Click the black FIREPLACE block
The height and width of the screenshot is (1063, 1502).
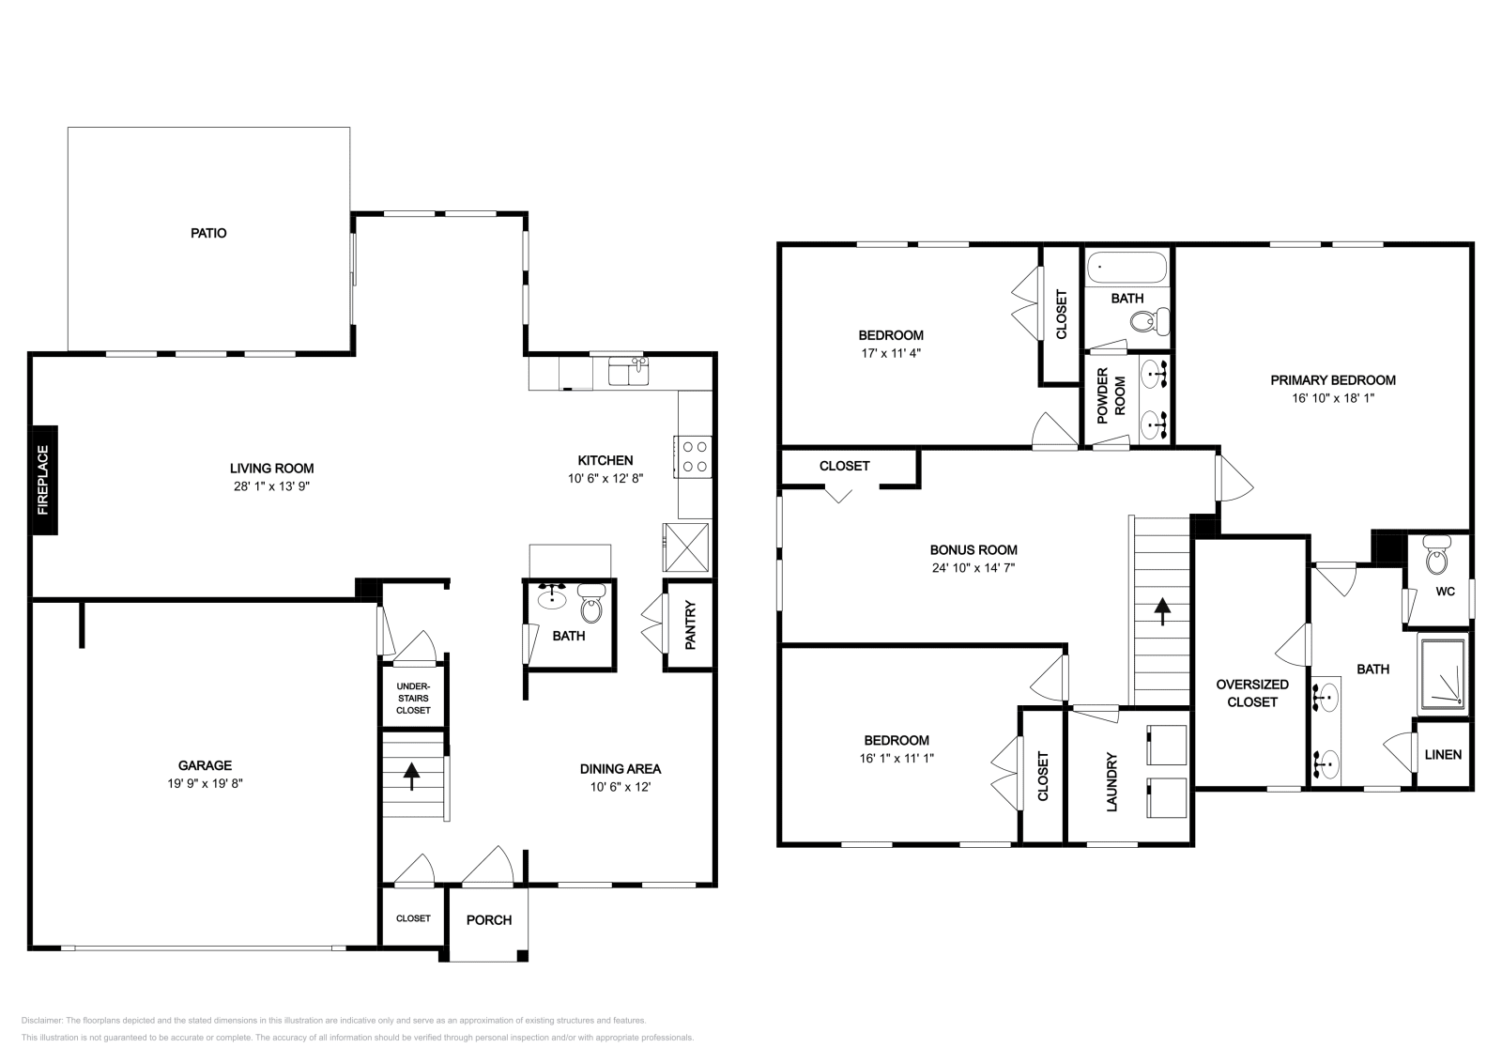click(43, 480)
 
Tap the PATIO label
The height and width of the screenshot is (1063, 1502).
click(208, 234)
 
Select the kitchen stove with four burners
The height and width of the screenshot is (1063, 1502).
click(694, 456)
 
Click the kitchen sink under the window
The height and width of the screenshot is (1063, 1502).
click(628, 371)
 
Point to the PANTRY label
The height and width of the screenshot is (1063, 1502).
click(690, 625)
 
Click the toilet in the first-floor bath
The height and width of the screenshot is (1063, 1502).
click(590, 604)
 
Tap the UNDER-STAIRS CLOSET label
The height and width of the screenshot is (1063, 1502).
click(413, 698)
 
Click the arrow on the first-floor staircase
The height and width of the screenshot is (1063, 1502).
click(411, 777)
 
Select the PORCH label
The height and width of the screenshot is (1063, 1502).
click(489, 920)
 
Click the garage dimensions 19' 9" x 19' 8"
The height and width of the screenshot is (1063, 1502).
click(205, 782)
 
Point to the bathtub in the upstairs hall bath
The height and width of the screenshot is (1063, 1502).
click(1126, 268)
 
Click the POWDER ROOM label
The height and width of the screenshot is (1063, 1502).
click(1111, 395)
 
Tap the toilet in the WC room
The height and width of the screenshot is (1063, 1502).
click(1436, 555)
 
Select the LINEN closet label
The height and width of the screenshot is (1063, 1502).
click(1443, 754)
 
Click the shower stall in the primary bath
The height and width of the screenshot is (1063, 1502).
click(1443, 674)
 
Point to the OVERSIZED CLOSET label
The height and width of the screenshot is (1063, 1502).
click(1252, 693)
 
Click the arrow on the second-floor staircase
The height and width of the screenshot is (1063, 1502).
click(1162, 611)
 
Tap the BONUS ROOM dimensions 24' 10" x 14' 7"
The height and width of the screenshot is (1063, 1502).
click(973, 568)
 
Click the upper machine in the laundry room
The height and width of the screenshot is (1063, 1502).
click(1167, 745)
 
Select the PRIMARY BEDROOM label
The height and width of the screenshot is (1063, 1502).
click(1333, 380)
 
